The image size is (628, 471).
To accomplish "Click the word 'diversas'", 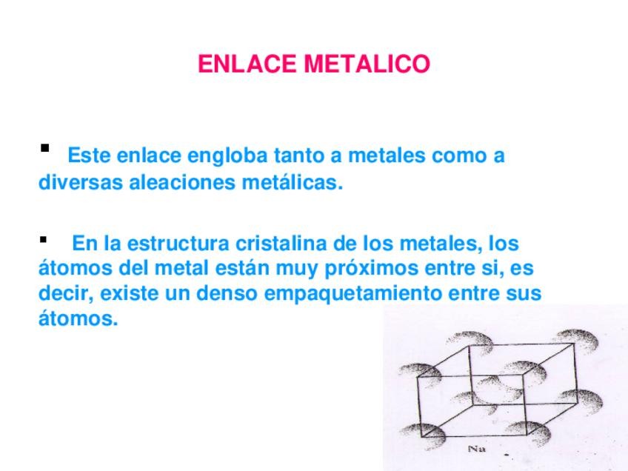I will [81, 183].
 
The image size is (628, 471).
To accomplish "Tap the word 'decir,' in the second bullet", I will [66, 293].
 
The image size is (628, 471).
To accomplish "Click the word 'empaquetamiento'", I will [353, 293].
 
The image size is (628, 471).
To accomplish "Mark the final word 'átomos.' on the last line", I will [78, 319].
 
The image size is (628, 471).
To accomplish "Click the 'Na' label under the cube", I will [476, 449].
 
